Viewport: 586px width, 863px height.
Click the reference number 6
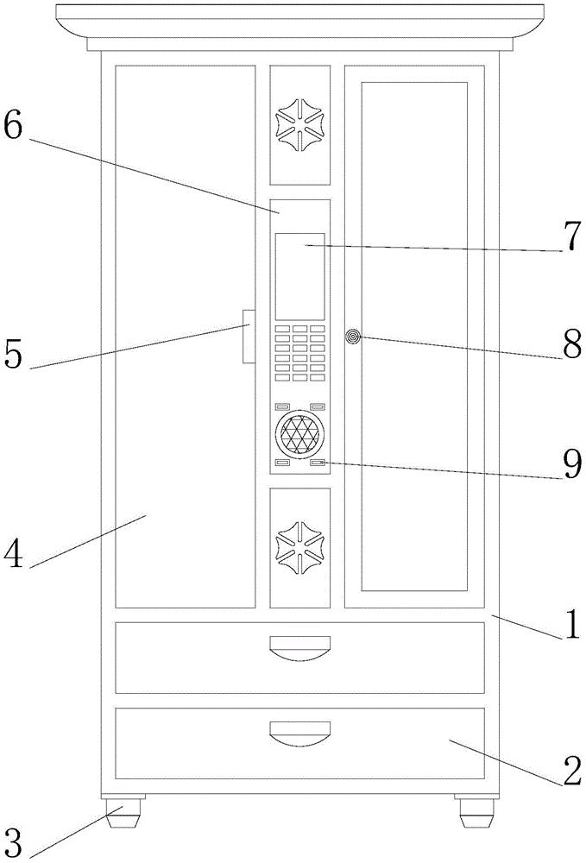pos(16,128)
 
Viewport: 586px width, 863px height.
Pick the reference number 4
pos(14,554)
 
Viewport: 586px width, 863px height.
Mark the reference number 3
pos(13,840)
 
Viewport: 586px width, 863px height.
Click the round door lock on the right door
pos(352,336)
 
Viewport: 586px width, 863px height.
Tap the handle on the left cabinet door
pos(248,337)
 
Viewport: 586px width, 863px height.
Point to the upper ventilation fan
pos(299,125)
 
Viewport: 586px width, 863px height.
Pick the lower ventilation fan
pos(299,546)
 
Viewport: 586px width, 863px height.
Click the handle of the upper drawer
pos(299,645)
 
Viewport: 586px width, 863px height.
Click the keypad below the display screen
pos(299,353)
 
